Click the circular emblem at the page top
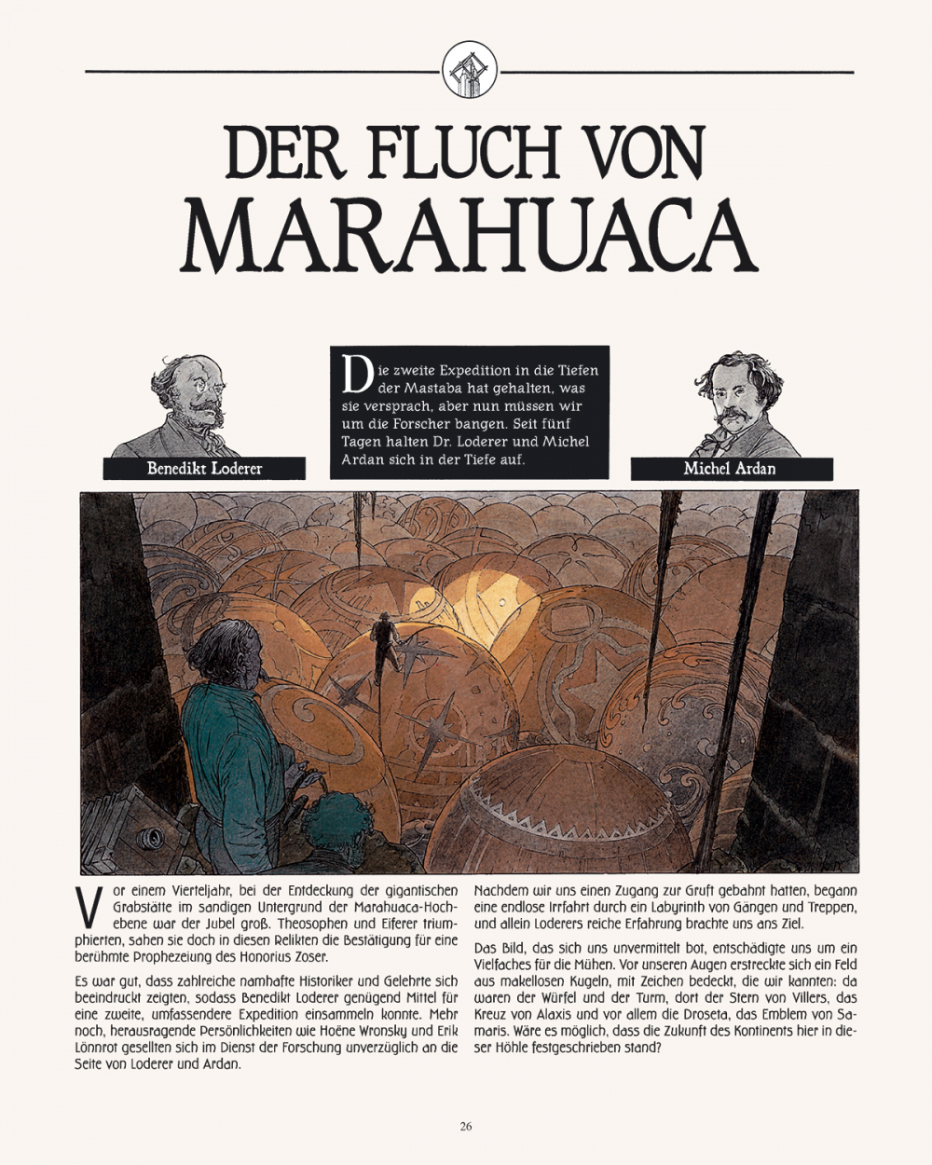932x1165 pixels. pyautogui.click(x=469, y=71)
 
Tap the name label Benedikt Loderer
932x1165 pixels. pyautogui.click(x=204, y=468)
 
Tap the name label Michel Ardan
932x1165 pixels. pyautogui.click(x=730, y=468)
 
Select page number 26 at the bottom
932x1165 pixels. pyautogui.click(x=466, y=1126)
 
